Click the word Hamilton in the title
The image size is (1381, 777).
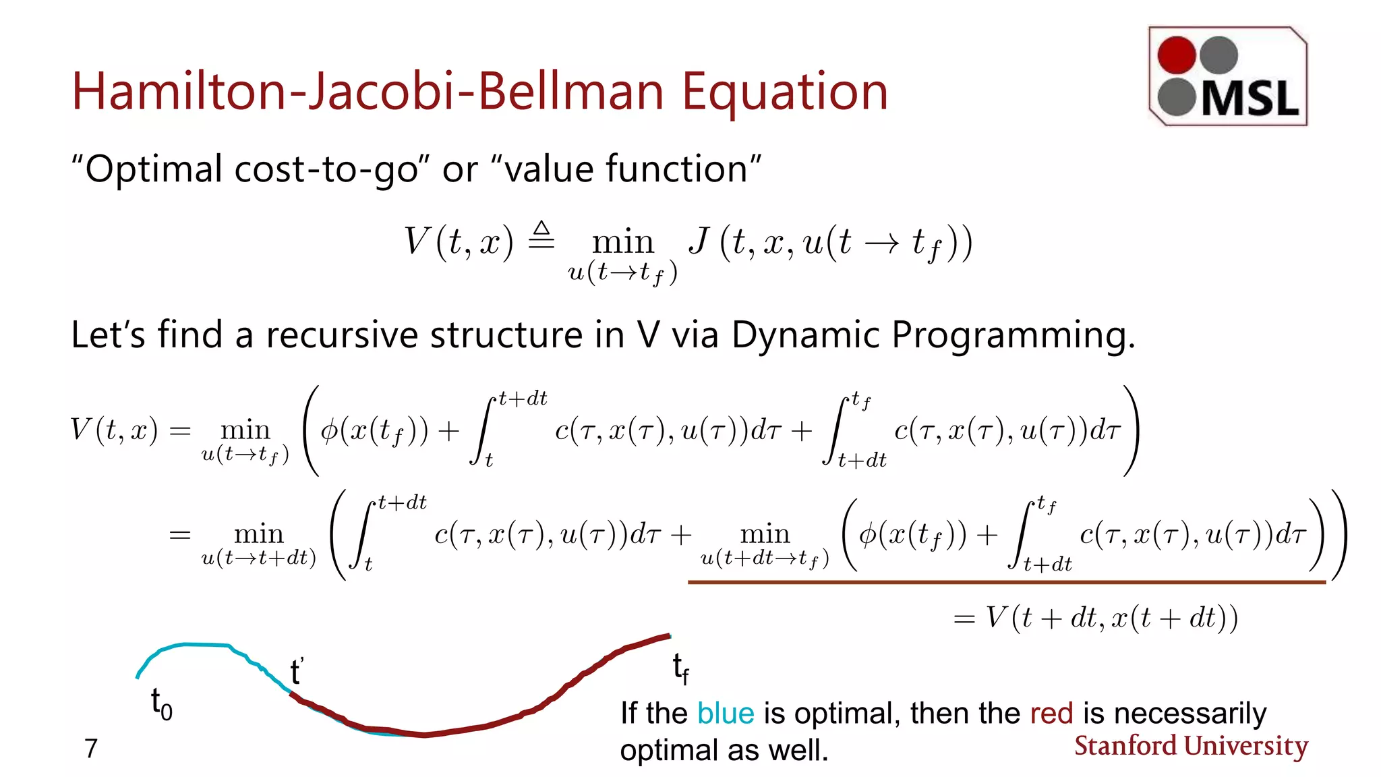[179, 92]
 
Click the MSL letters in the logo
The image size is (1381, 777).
[1250, 100]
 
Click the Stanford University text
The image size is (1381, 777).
[1191, 746]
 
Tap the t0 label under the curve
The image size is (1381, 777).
[160, 704]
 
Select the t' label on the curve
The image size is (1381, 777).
[297, 671]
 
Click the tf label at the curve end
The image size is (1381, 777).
[680, 668]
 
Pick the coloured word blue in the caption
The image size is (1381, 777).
[725, 714]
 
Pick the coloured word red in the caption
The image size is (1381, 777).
[1051, 714]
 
